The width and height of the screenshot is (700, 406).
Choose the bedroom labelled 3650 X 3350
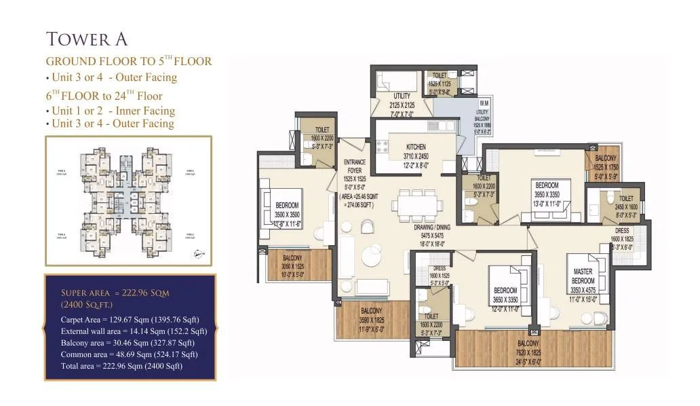(505, 298)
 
